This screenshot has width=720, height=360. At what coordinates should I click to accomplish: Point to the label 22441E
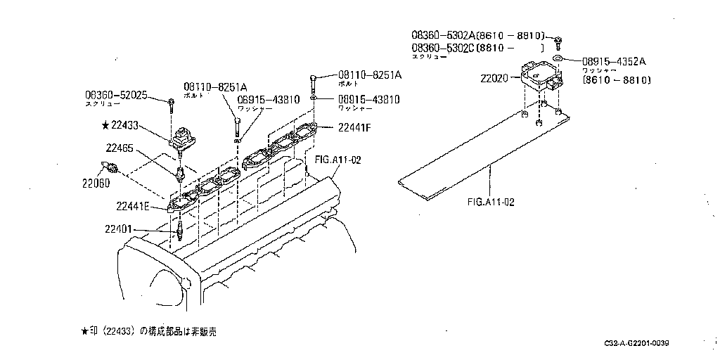[x=132, y=206]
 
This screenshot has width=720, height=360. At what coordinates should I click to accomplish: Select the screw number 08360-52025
[x=116, y=96]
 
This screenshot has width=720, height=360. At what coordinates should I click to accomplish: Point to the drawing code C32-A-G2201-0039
[x=636, y=343]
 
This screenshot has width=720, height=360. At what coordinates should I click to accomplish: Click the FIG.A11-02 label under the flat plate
[x=491, y=202]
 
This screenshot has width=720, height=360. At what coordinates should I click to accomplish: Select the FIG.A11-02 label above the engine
[x=338, y=160]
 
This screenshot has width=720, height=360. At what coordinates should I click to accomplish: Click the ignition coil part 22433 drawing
[x=184, y=137]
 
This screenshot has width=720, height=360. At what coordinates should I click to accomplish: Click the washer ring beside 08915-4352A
[x=555, y=58]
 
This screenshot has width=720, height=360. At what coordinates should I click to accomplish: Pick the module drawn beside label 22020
[x=539, y=77]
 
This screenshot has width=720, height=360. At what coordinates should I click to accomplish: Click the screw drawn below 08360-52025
[x=171, y=106]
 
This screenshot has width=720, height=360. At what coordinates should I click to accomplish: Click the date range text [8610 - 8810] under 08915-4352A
[x=616, y=80]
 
